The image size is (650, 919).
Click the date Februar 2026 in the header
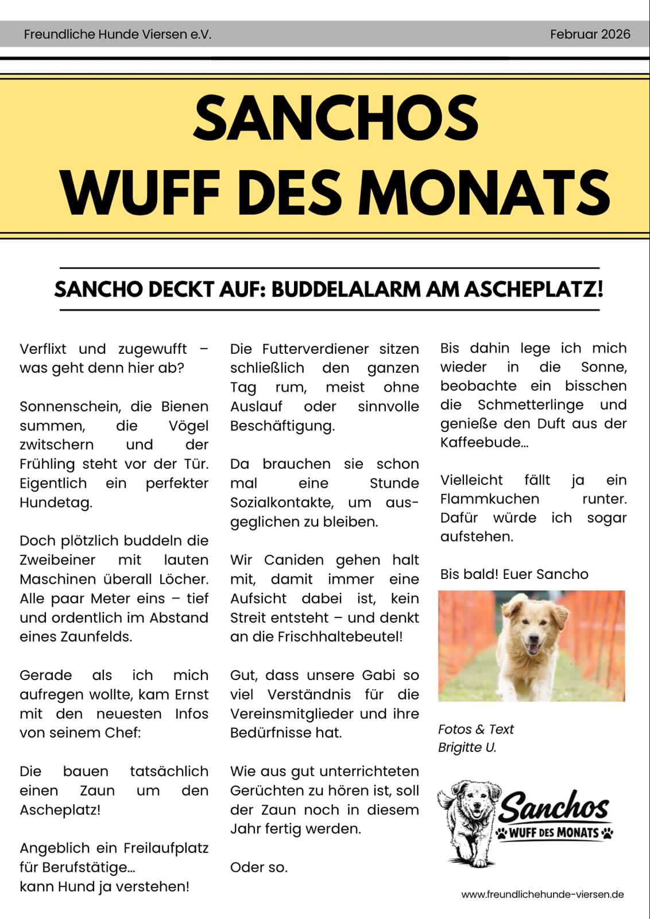click(x=590, y=34)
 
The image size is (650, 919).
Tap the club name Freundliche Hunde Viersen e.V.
click(x=118, y=34)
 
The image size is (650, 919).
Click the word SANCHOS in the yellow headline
click(x=336, y=118)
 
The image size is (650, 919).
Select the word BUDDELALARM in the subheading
click(x=346, y=289)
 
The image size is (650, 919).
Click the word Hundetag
click(x=56, y=503)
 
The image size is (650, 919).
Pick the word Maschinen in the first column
click(x=59, y=579)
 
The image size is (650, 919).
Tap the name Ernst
click(x=191, y=694)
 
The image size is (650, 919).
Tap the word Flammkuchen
click(x=490, y=499)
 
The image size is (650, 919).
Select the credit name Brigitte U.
click(x=467, y=747)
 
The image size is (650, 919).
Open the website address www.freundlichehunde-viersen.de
click(x=542, y=894)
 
